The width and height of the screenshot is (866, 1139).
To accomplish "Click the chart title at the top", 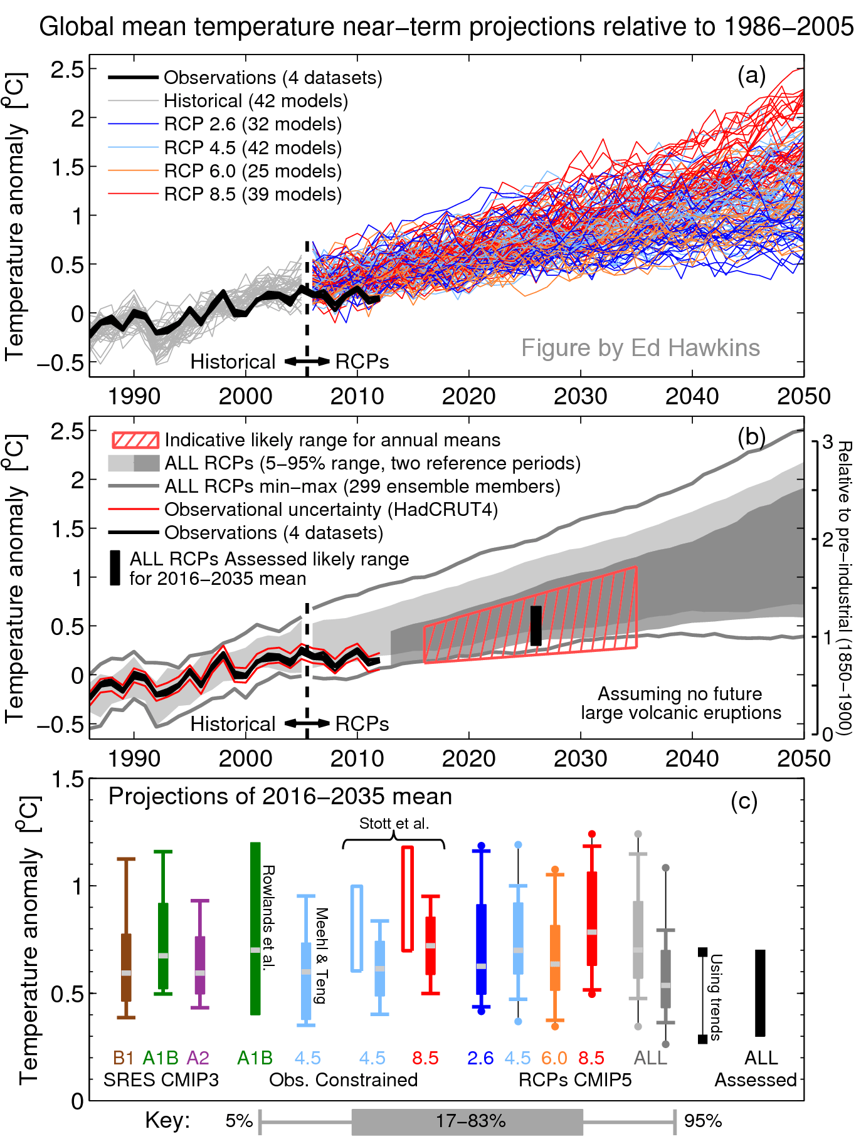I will pyautogui.click(x=446, y=27).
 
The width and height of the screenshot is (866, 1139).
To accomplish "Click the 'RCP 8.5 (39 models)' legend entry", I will pyautogui.click(x=253, y=194).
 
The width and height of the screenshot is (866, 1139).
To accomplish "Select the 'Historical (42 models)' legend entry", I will pyautogui.click(x=255, y=101).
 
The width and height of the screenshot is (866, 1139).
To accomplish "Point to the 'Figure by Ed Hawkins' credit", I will pyautogui.click(x=640, y=348).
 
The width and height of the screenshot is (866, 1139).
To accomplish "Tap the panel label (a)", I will pyautogui.click(x=751, y=75).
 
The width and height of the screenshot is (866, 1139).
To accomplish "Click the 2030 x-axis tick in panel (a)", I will pyautogui.click(x=581, y=397).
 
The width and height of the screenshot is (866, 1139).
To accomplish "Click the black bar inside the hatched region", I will pyautogui.click(x=536, y=626).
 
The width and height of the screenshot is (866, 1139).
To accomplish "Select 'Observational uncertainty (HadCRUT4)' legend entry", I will pyautogui.click(x=330, y=510).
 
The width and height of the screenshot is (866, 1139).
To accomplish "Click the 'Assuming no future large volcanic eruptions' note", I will pyautogui.click(x=680, y=703).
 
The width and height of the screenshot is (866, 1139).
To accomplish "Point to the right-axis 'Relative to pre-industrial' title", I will pyautogui.click(x=845, y=587).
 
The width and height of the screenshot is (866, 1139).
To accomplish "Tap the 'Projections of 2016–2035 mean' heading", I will pyautogui.click(x=280, y=797).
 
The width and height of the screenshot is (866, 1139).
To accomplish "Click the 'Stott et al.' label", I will pyautogui.click(x=394, y=824).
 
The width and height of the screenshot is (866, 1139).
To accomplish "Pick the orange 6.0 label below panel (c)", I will pyautogui.click(x=554, y=1058).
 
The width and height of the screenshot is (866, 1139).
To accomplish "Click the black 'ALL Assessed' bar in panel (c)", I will pyautogui.click(x=760, y=993).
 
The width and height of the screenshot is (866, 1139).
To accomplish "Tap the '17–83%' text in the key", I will pyautogui.click(x=470, y=1121).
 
